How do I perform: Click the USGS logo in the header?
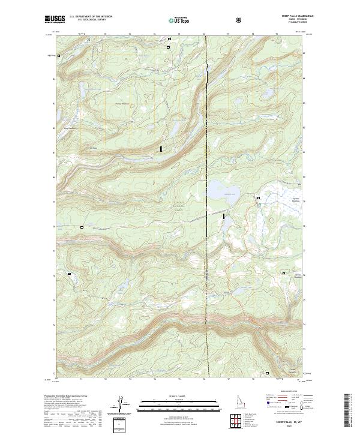55,19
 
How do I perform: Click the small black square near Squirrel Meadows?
259,197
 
